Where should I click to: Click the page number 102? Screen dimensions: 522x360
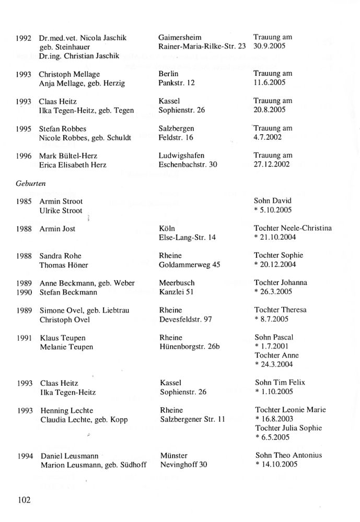(24, 500)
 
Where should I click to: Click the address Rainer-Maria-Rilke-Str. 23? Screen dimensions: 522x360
(202, 46)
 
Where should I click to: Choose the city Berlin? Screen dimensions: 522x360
(168, 74)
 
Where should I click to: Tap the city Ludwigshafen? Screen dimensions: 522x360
(181, 156)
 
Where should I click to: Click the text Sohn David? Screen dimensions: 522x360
(273, 201)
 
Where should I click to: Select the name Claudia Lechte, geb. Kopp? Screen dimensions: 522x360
(84, 420)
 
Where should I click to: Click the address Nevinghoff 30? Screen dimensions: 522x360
(184, 465)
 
